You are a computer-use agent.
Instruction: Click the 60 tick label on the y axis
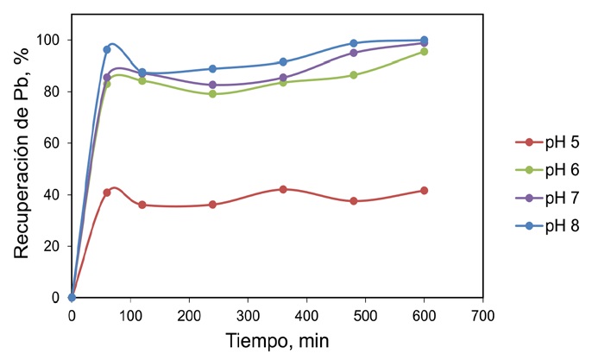pyautogui.click(x=54, y=143)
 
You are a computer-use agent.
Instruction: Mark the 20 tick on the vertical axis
pyautogui.click(x=54, y=246)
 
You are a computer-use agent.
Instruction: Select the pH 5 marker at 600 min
pyautogui.click(x=424, y=190)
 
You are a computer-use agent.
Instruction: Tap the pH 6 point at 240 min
pyautogui.click(x=212, y=94)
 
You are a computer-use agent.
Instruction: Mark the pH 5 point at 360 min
pyautogui.click(x=283, y=189)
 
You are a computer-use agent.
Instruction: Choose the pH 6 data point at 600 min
pyautogui.click(x=424, y=52)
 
